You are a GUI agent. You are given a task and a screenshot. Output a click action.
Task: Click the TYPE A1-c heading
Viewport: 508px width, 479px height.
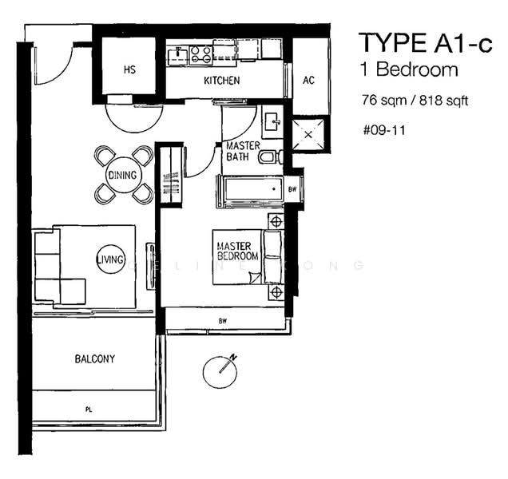tap(424, 42)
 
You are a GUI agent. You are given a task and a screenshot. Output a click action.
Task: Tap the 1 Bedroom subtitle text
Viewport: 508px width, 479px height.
tap(408, 69)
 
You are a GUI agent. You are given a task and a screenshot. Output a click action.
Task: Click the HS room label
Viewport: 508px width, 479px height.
tap(129, 69)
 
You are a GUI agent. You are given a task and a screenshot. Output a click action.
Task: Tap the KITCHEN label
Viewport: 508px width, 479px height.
tap(221, 81)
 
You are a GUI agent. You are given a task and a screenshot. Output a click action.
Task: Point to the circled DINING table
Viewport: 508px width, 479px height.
tap(123, 175)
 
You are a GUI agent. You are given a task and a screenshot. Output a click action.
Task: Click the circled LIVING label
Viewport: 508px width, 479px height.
tap(110, 259)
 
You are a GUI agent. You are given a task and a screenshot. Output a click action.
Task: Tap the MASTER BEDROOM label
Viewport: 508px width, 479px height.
tap(238, 251)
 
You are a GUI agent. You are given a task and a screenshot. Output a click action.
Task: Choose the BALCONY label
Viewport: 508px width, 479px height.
tap(95, 359)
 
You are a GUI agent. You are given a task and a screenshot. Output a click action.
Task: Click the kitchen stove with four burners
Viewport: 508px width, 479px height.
tap(200, 54)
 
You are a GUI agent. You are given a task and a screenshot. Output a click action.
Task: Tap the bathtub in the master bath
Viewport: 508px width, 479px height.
tap(250, 192)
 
